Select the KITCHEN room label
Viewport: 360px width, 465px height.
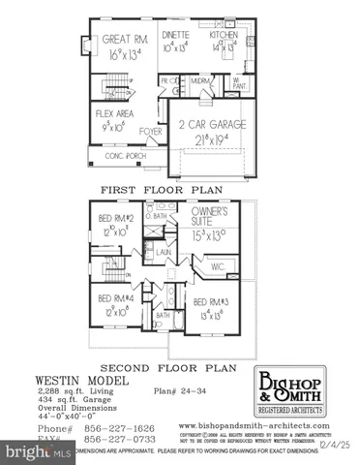tap(224, 34)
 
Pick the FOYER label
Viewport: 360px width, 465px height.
tap(150, 130)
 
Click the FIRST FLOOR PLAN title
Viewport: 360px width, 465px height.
tap(176, 189)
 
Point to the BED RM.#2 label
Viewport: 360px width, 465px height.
tap(116, 219)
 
